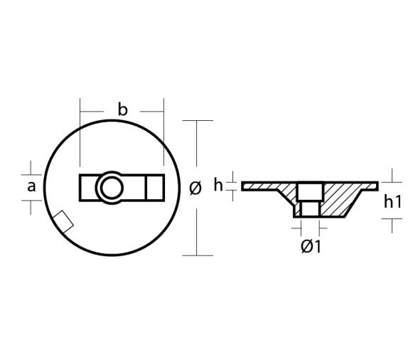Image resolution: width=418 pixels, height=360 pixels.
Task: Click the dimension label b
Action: pyautogui.click(x=122, y=110)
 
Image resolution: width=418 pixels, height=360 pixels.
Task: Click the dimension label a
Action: pyautogui.click(x=31, y=186)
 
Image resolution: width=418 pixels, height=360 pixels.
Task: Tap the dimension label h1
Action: pyautogui.click(x=392, y=201)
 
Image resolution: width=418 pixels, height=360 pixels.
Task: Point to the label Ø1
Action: pyautogui.click(x=311, y=246)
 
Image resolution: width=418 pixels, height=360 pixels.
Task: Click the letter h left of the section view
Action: pyautogui.click(x=218, y=185)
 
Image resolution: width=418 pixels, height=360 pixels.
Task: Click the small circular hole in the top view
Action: pyautogui.click(x=110, y=188)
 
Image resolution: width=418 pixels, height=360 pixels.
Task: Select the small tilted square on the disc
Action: pyautogui.click(x=63, y=222)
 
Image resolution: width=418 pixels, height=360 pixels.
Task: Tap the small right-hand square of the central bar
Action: pyautogui.click(x=154, y=188)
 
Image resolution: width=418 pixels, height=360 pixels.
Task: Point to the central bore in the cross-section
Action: pyautogui.click(x=309, y=198)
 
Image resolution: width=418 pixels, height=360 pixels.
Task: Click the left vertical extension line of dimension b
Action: pyautogui.click(x=81, y=135)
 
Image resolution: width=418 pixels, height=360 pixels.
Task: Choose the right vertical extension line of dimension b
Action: pyautogui.click(x=164, y=135)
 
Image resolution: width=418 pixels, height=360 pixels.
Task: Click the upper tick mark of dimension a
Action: pyautogui.click(x=31, y=172)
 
